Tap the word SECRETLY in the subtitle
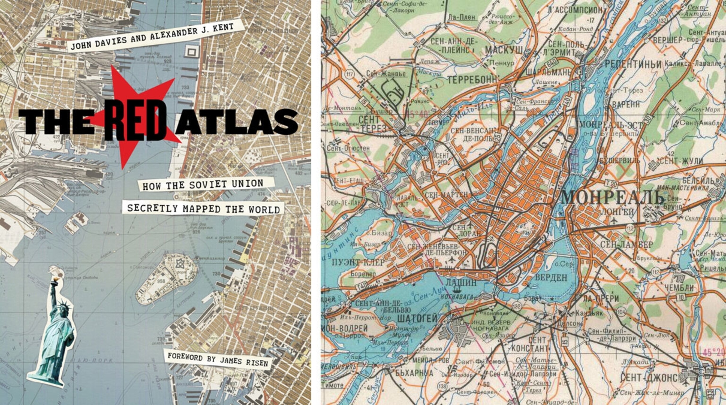[x=152, y=208]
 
